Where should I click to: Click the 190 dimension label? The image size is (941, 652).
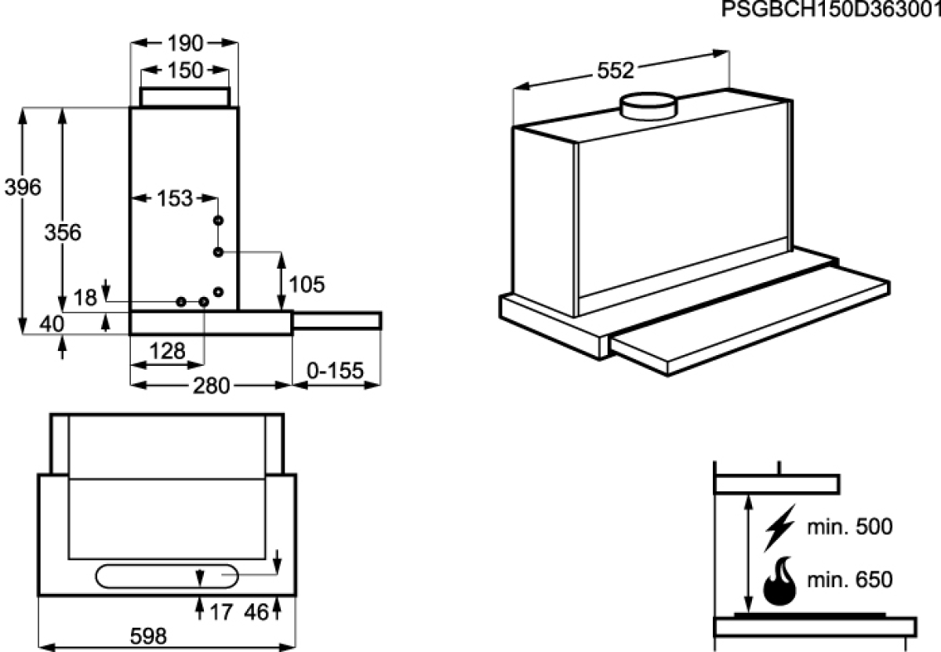pyautogui.click(x=185, y=43)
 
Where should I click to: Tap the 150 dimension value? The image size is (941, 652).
pyautogui.click(x=185, y=71)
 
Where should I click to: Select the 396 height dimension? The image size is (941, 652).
pyautogui.click(x=23, y=187)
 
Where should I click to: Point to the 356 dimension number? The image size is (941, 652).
pyautogui.click(x=63, y=233)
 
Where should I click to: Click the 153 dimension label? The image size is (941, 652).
pyautogui.click(x=175, y=198)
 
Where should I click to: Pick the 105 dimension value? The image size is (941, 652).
pyautogui.click(x=307, y=284)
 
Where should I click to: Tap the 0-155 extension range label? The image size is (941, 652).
pyautogui.click(x=336, y=371)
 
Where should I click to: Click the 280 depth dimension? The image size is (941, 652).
pyautogui.click(x=211, y=386)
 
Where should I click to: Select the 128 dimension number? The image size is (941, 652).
pyautogui.click(x=167, y=351)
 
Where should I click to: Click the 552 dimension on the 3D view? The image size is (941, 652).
pyautogui.click(x=616, y=71)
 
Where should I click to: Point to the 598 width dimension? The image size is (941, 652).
pyautogui.click(x=148, y=636)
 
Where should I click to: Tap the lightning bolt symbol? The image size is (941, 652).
pyautogui.click(x=780, y=527)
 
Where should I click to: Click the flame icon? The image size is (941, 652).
pyautogui.click(x=779, y=581)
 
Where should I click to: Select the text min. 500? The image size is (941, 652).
pyautogui.click(x=850, y=527)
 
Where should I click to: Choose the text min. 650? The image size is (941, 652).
pyautogui.click(x=850, y=580)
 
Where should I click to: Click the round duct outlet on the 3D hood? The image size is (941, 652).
pyautogui.click(x=649, y=107)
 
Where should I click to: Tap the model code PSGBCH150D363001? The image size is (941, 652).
pyautogui.click(x=831, y=9)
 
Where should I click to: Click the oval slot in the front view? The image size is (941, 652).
pyautogui.click(x=167, y=577)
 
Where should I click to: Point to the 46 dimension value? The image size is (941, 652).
pyautogui.click(x=256, y=613)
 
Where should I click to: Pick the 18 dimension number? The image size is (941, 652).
pyautogui.click(x=85, y=298)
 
